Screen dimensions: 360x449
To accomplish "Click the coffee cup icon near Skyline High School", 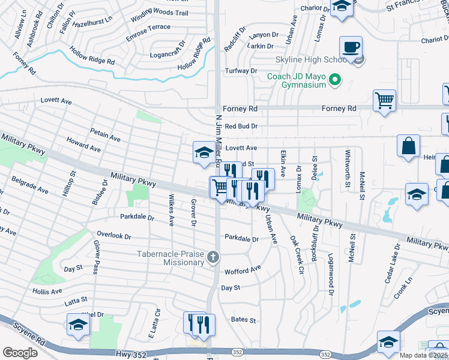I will click(351, 47).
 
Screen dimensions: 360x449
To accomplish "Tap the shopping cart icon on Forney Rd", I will click(384, 100).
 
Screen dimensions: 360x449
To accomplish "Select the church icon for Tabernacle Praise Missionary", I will click(212, 258).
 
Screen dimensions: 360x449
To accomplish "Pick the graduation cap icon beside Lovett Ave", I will click(203, 152).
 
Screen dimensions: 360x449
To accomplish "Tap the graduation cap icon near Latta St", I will click(78, 326).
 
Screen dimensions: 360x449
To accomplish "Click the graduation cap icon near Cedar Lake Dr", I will click(417, 194).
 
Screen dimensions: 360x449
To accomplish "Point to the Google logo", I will click(20, 353).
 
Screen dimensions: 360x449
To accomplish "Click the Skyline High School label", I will click(301, 60).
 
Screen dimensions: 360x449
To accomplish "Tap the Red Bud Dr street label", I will click(241, 127).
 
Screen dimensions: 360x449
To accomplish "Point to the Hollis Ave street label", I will click(47, 292).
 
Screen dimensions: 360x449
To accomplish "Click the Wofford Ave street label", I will click(243, 271).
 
